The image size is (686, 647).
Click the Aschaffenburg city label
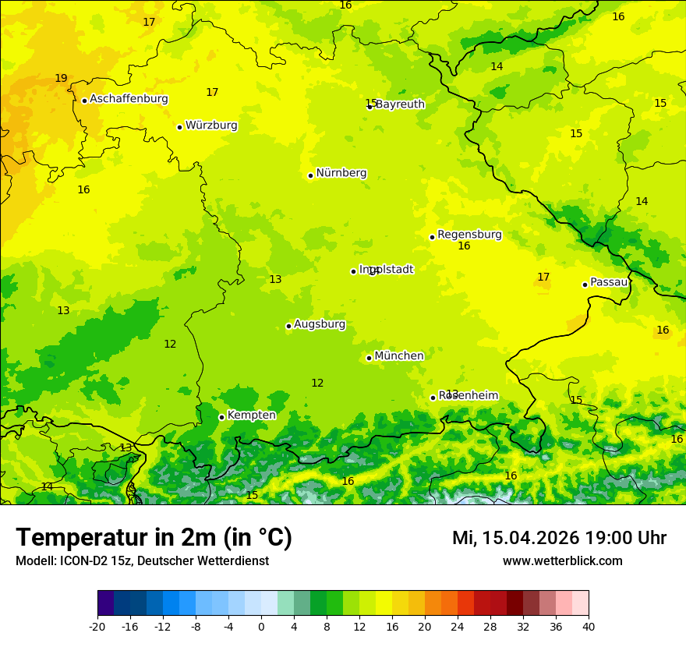pyautogui.click(x=129, y=99)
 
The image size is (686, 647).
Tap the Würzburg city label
pyautogui.click(x=211, y=126)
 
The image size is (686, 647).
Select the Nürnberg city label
pyautogui.click(x=341, y=173)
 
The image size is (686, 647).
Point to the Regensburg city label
pyautogui.click(x=469, y=235)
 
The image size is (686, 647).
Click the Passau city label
pyautogui.click(x=609, y=282)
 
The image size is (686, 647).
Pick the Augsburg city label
pyautogui.click(x=320, y=324)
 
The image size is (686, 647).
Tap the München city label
pyautogui.click(x=399, y=356)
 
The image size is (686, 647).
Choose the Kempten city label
pyautogui.click(x=251, y=415)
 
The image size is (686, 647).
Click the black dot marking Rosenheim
pyautogui.click(x=433, y=398)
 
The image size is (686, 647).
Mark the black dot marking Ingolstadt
pyautogui.click(x=353, y=271)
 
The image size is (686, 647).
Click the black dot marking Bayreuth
pyautogui.click(x=370, y=107)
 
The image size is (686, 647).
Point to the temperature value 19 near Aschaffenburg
pyautogui.click(x=61, y=79)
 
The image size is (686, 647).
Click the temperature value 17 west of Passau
pyautogui.click(x=543, y=277)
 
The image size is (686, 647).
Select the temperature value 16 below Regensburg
pyautogui.click(x=464, y=246)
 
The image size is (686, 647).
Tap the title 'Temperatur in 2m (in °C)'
pyautogui.click(x=154, y=537)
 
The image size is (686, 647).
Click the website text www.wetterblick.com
pyautogui.click(x=562, y=560)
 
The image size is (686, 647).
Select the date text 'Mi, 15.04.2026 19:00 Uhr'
pyautogui.click(x=559, y=538)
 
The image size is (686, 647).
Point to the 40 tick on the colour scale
pyautogui.click(x=589, y=626)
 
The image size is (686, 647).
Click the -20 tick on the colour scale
pyautogui.click(x=97, y=626)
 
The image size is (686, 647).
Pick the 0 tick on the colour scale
pyautogui.click(x=261, y=626)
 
